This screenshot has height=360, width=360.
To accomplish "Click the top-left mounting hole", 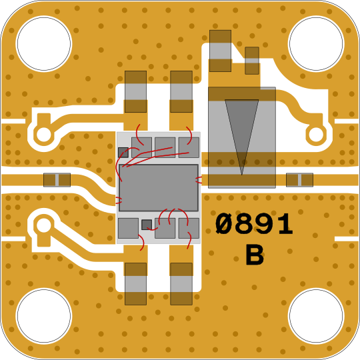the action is pos(44,43).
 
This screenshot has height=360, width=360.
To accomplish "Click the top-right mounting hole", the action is pos(316,43).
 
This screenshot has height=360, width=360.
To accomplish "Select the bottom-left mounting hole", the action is pos(44,316).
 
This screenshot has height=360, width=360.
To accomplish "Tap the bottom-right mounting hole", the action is pos(316,316).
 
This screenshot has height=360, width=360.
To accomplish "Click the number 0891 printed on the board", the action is pos(254,224).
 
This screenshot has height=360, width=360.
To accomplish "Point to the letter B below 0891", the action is pos(255,255).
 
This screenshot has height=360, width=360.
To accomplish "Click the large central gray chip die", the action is pos(159,187).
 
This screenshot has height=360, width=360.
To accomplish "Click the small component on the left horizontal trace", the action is pos(57,180).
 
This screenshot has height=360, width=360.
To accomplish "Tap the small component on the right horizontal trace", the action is pos(299,180).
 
